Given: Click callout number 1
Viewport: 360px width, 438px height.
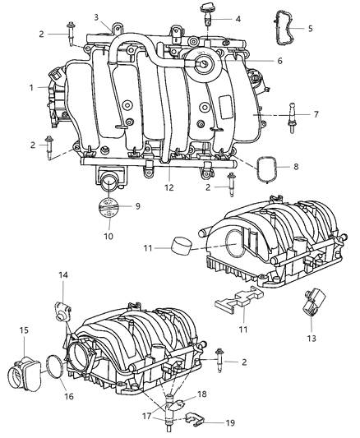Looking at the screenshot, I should [x=31, y=86].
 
